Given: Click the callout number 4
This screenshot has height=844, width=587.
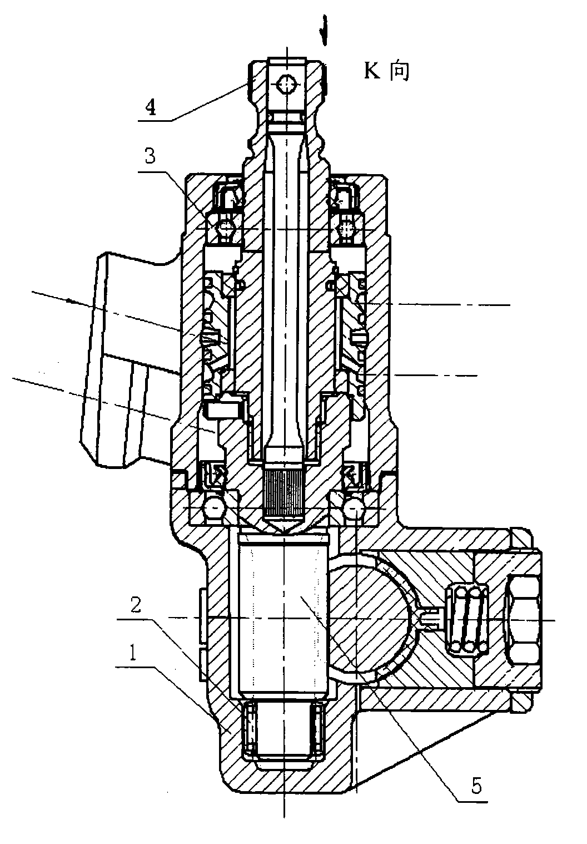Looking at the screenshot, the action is coord(151,108).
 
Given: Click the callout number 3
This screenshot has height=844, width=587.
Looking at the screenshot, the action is coord(150,155).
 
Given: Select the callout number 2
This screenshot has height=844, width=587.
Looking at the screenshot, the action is coord(136,605).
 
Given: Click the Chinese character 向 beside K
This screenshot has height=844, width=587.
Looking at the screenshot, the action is coord(399,71).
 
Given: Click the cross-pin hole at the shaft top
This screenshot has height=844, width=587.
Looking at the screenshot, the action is coord(286,85).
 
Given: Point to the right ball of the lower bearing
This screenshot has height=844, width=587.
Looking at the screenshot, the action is coord(353,508).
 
